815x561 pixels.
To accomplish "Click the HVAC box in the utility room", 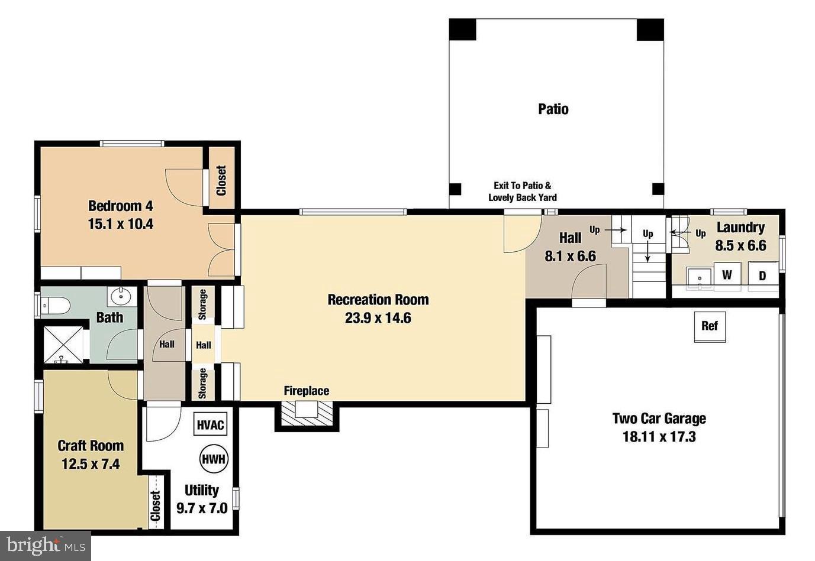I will [x=211, y=424].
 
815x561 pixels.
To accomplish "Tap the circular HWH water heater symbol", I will [x=214, y=459].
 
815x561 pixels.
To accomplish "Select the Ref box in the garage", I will [x=709, y=326].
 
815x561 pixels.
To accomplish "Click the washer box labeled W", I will [x=727, y=275].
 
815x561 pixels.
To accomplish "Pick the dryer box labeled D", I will [x=762, y=275].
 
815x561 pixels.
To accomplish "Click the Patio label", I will [x=553, y=109].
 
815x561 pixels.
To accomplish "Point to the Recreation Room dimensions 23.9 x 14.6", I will [x=378, y=318].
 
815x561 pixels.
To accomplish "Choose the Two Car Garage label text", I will [x=659, y=419].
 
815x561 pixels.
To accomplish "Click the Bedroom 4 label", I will [x=120, y=206].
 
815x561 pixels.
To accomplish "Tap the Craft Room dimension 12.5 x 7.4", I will [x=91, y=464].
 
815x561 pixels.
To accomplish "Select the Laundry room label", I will [x=740, y=227].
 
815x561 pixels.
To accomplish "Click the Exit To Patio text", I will [x=523, y=186].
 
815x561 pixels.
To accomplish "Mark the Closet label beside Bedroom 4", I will [x=221, y=180].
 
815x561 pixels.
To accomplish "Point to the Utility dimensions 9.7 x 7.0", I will [x=202, y=508].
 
